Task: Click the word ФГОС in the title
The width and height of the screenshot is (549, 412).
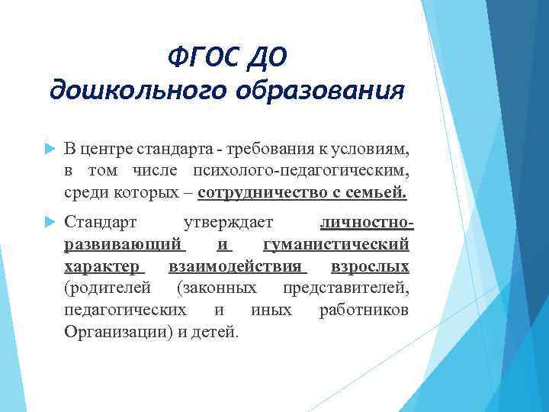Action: pos(201,56)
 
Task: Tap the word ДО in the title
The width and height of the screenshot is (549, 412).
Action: pos(267,56)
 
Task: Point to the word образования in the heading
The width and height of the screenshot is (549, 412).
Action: pos(313,90)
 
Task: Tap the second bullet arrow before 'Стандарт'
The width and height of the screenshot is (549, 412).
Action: pos(47,223)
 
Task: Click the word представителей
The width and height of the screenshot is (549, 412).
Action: pos(345,288)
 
